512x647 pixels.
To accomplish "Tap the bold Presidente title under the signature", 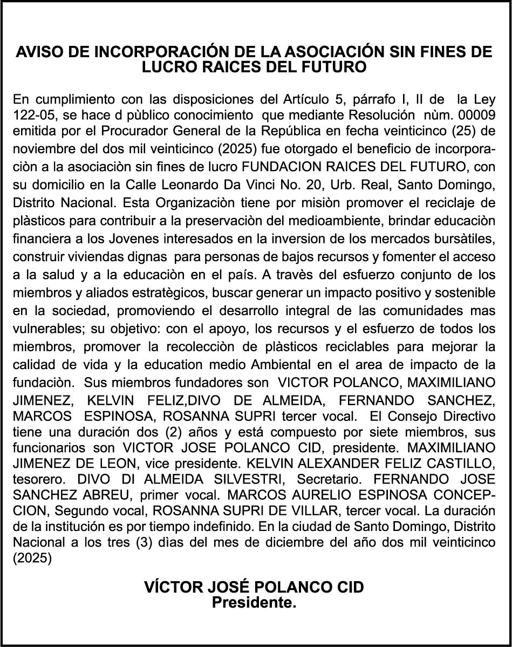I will [x=254, y=603].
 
